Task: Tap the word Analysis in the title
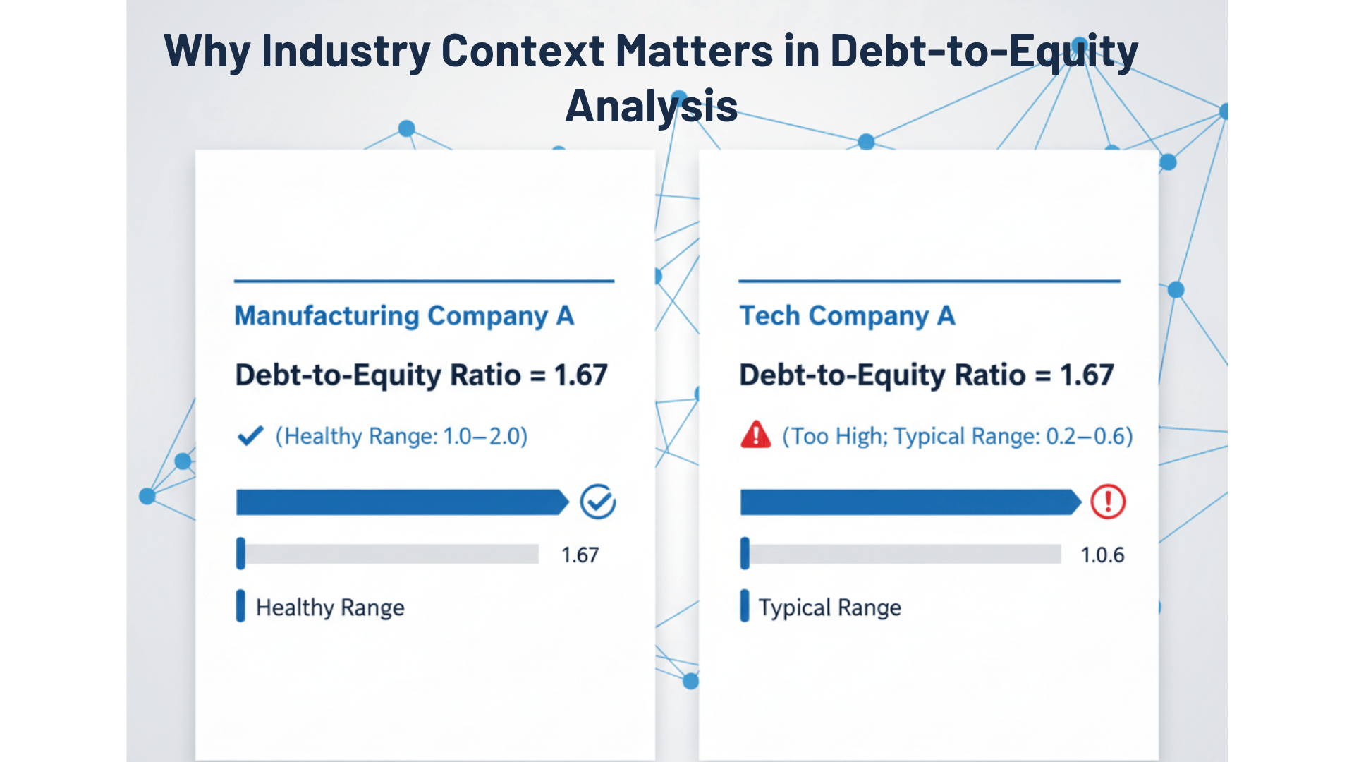[651, 107]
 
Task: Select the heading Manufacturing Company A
[404, 315]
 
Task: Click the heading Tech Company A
[847, 315]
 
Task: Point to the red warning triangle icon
[756, 435]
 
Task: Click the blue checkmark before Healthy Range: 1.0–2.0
[250, 435]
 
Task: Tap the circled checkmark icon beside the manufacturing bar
[598, 502]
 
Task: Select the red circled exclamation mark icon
[1108, 502]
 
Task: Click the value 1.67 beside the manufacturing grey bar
[580, 555]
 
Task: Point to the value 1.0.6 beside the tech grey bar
[1102, 555]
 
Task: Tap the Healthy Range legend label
[330, 607]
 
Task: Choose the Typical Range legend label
[830, 607]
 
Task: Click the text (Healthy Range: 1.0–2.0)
[401, 436]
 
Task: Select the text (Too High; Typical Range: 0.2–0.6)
[958, 436]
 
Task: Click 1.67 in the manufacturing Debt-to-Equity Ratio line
[580, 375]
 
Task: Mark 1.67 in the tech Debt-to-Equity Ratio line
[1087, 375]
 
